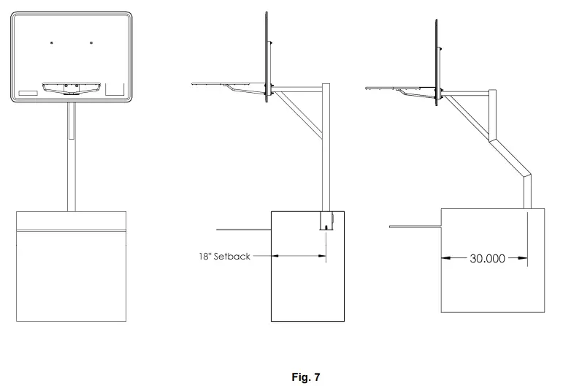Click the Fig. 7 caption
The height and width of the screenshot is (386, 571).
coord(305,377)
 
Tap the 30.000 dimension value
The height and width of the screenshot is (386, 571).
coord(487,258)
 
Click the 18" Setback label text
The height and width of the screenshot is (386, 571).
coord(224,257)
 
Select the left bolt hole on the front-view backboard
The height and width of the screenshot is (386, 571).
coord(52,42)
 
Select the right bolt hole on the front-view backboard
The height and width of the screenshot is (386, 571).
coord(91,42)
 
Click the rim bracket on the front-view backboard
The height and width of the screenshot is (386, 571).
coord(72,88)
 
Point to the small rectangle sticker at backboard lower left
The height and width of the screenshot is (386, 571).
coord(28,93)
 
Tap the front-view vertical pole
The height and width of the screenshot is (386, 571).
coord(72,156)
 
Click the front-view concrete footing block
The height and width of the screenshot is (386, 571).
coord(72,266)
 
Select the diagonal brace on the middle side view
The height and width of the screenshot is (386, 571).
coord(299,115)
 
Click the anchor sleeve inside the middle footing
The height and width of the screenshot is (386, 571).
coord(326,221)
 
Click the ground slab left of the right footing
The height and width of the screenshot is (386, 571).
coord(415,227)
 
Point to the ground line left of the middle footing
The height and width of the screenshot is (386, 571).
coord(244,230)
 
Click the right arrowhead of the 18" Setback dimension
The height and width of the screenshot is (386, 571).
coord(322,256)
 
